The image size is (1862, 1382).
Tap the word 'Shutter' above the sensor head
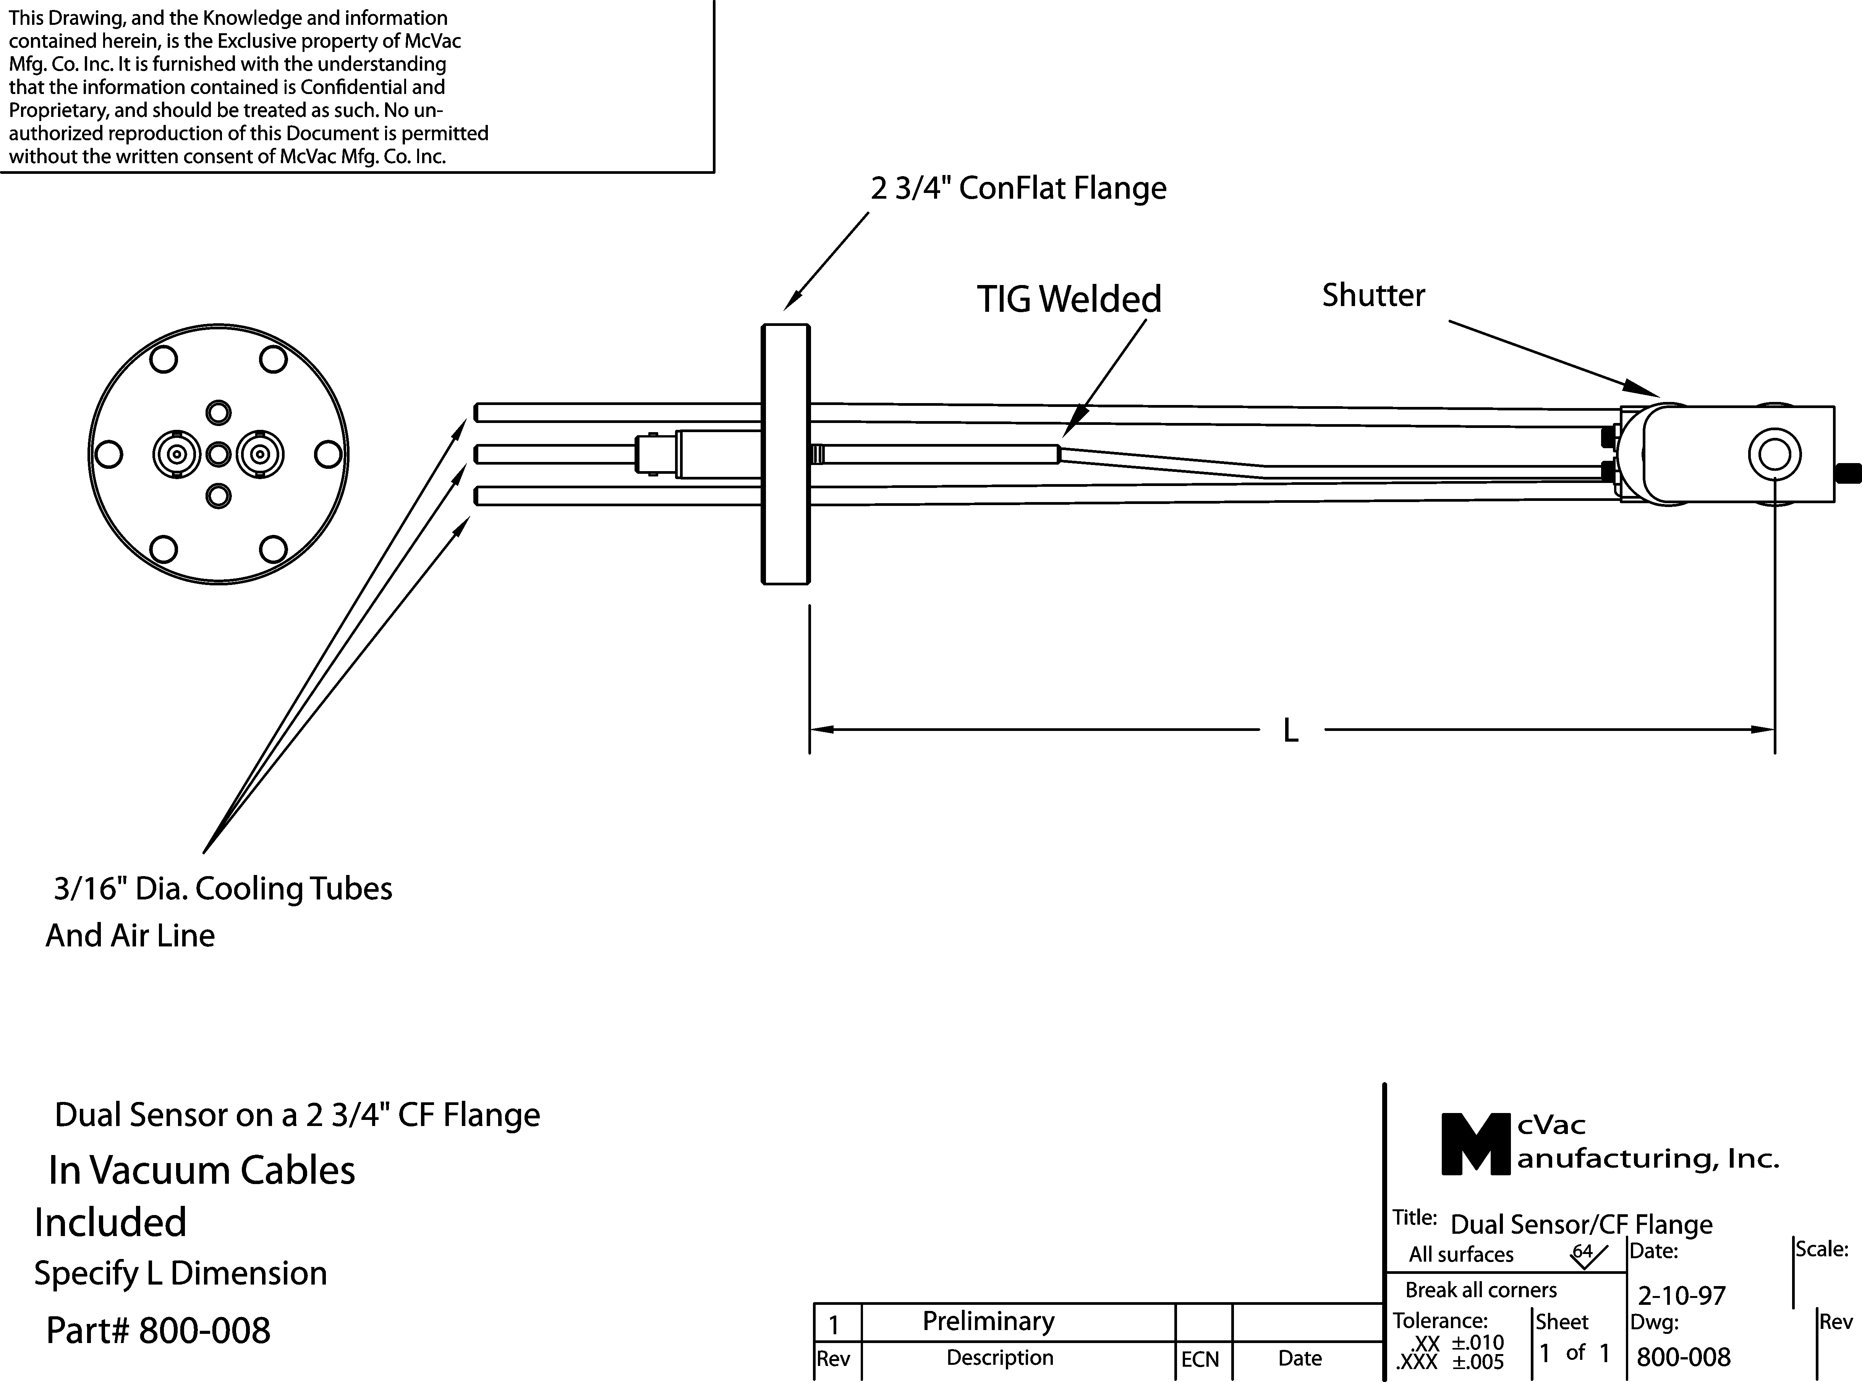click(x=1373, y=295)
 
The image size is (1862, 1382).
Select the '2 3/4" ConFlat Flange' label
click(x=1018, y=188)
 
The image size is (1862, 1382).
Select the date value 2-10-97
click(x=1681, y=1296)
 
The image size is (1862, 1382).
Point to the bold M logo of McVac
click(x=1477, y=1144)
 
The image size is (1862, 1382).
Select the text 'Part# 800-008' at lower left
click(x=158, y=1330)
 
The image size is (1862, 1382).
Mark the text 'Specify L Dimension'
click(x=181, y=1273)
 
